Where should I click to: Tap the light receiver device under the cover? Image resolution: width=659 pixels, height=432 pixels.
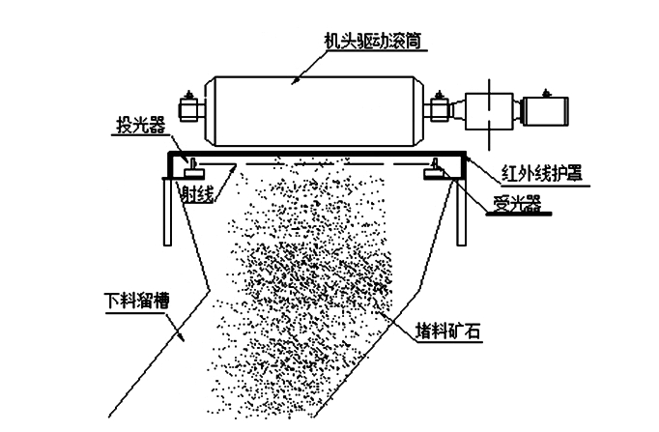(x=436, y=171)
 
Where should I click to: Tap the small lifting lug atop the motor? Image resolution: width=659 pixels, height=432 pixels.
(x=546, y=89)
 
